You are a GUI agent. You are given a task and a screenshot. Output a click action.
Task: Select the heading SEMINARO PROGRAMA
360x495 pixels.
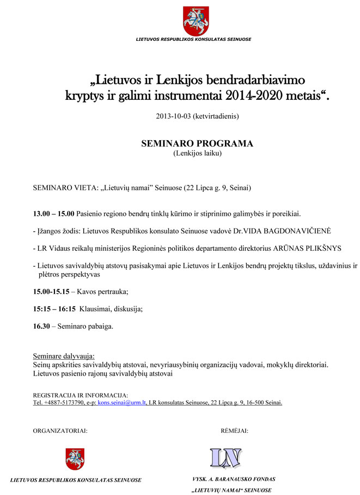point(197,144)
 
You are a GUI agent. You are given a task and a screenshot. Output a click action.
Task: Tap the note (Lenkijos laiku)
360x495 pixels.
point(198,153)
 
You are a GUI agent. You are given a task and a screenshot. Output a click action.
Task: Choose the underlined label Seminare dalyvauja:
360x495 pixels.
point(64,356)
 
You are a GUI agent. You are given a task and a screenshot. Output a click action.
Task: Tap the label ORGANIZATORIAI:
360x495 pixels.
point(60,431)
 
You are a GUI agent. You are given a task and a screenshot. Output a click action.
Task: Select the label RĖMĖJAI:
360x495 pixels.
point(235,431)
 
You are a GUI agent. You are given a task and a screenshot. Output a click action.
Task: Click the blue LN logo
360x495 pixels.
point(226,457)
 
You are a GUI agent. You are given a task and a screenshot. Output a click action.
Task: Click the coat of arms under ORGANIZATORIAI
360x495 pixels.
point(75,459)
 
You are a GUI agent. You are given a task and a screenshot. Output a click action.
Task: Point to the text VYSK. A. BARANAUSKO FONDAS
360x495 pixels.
point(234,479)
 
